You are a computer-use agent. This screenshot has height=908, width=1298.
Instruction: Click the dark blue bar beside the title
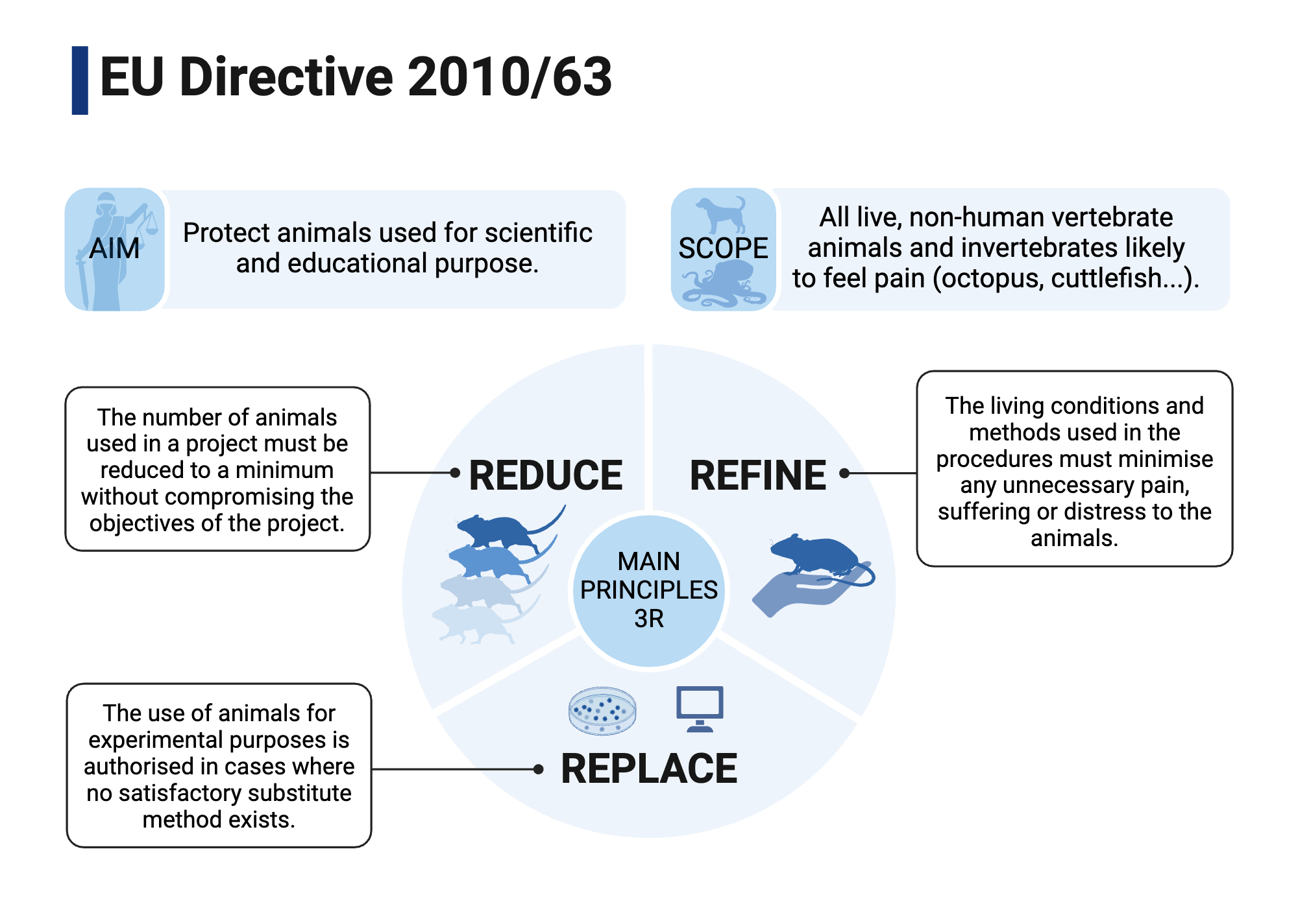80,80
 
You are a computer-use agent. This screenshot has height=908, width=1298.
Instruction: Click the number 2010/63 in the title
509,77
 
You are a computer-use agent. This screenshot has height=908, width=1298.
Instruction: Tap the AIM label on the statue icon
114,248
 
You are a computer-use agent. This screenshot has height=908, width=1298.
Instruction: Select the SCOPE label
723,248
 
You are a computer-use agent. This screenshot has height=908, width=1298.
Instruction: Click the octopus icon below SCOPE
722,285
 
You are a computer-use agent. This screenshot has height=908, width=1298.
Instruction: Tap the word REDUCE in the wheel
545,475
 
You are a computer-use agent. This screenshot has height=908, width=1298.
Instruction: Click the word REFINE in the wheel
757,475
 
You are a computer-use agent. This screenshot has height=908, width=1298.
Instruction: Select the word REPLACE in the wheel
649,769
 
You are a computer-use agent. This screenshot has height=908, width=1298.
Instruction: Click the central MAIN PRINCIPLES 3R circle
649,590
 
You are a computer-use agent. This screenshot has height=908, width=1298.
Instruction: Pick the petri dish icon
602,711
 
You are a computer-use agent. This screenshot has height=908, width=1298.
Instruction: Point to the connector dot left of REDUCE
455,473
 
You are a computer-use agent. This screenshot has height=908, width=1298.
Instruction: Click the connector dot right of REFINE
844,473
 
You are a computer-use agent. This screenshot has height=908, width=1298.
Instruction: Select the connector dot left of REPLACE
538,769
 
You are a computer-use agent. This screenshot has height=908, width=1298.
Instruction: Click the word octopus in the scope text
988,278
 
